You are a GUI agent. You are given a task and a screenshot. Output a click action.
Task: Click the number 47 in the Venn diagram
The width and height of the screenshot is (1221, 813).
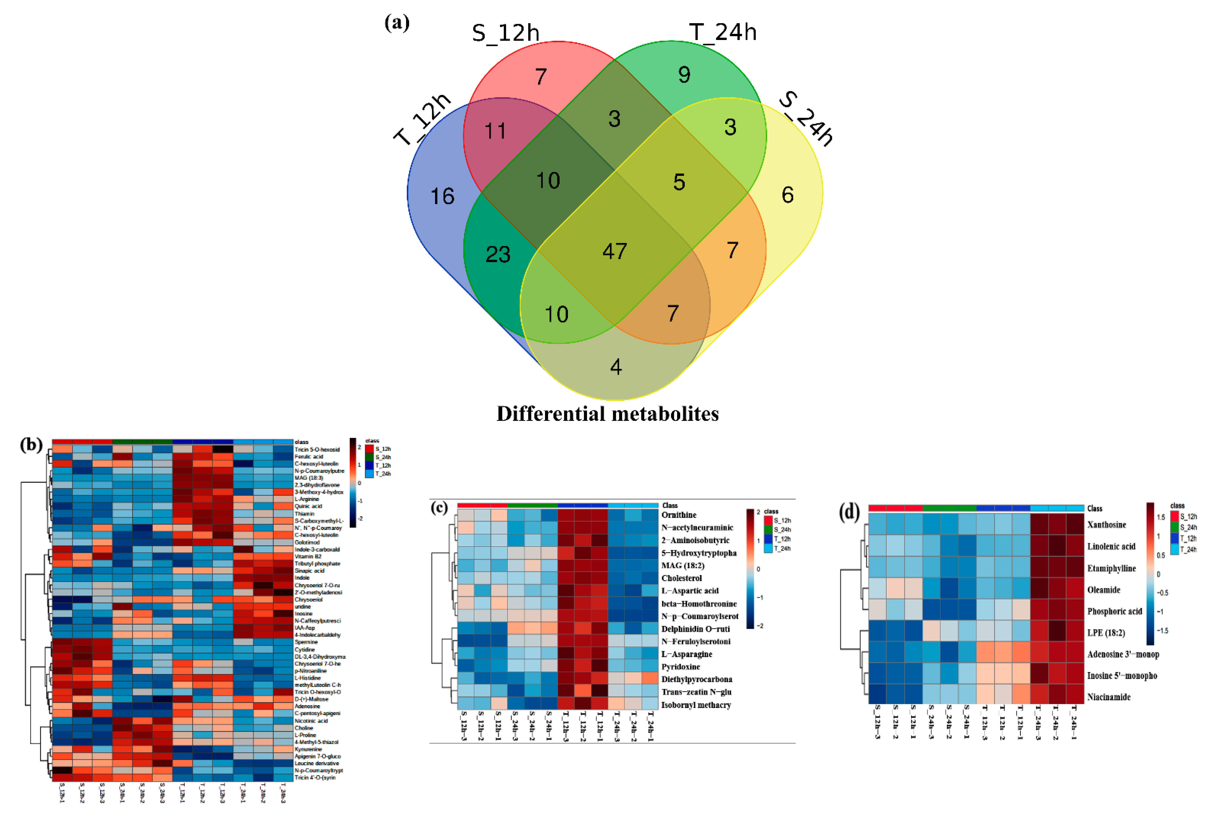[615, 251]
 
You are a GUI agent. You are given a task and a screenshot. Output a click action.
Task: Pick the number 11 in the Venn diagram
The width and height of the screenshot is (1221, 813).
[495, 131]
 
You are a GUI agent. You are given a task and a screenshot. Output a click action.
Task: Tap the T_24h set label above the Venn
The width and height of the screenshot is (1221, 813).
[722, 32]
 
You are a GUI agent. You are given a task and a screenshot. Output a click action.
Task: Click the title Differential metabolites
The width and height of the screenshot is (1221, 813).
[607, 414]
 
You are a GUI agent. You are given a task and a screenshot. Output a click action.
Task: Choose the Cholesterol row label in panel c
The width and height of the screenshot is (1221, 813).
[681, 578]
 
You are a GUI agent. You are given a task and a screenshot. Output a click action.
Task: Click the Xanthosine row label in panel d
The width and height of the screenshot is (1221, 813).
[1106, 525]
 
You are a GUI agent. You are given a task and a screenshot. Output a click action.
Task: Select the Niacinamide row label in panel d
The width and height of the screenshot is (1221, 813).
[1109, 697]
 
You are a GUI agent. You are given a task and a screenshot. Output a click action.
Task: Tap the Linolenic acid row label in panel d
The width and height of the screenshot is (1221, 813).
[1111, 546]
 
